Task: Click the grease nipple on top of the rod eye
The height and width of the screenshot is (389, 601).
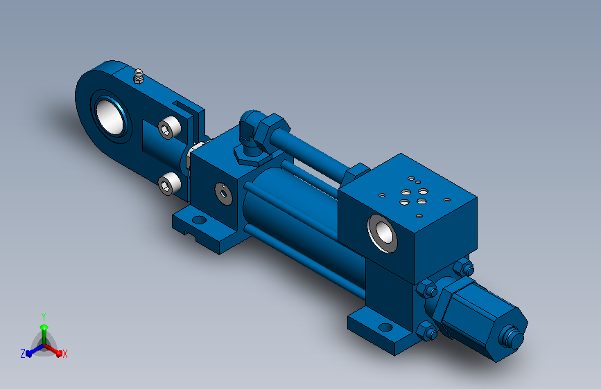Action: coord(139,76)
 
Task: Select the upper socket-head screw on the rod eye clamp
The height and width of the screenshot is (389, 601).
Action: coord(169,127)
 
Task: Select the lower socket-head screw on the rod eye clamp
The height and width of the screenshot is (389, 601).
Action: coord(169,184)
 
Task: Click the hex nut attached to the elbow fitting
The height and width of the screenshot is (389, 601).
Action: coord(272,129)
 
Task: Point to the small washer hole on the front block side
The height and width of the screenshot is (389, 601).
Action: coord(223,194)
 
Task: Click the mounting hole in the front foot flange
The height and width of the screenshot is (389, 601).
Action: coord(200,220)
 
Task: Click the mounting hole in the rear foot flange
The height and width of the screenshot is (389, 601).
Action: coord(385,327)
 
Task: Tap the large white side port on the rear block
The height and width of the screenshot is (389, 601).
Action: coord(383,233)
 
